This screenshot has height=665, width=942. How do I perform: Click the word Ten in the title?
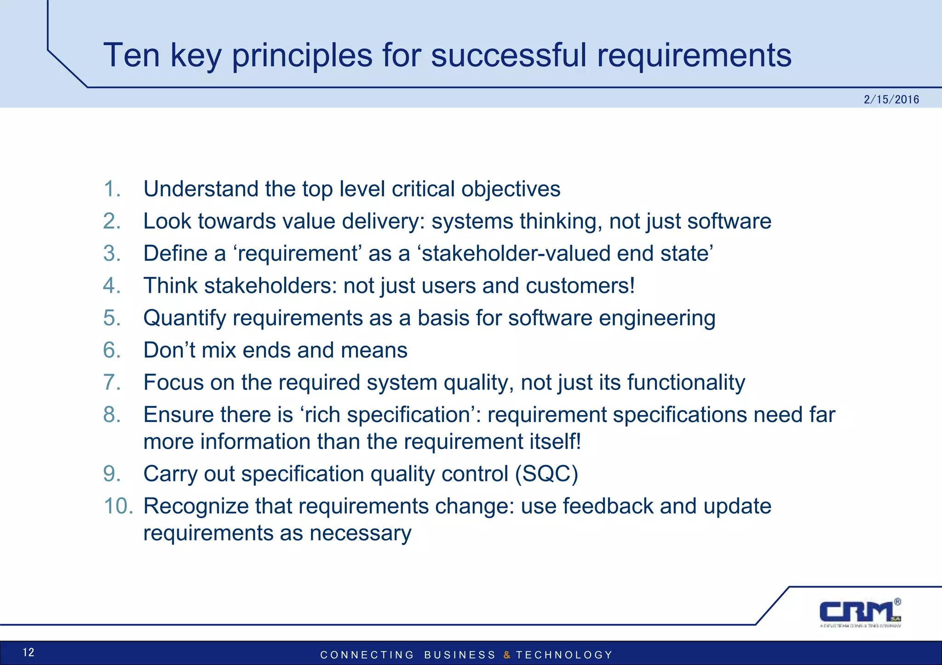click(132, 55)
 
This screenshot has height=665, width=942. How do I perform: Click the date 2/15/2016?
click(891, 99)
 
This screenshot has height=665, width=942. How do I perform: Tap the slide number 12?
click(29, 652)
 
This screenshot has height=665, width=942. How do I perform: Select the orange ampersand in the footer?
click(506, 655)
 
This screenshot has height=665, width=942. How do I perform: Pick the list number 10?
click(118, 506)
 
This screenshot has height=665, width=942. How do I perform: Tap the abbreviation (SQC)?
click(546, 474)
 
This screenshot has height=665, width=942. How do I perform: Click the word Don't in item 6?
click(169, 350)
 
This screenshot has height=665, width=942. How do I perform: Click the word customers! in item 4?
click(580, 286)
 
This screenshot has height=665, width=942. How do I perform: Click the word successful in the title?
click(509, 55)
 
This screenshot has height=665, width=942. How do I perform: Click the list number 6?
click(112, 350)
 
